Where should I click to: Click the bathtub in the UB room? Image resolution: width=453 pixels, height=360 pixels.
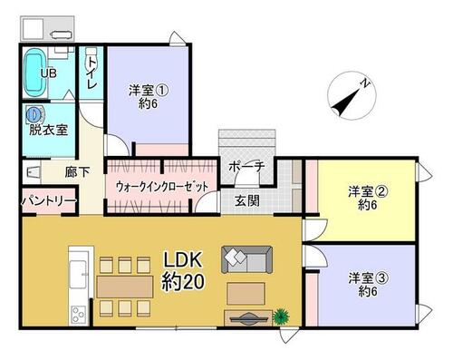pos(35,73)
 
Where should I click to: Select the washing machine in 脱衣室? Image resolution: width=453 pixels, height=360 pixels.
pos(34,114)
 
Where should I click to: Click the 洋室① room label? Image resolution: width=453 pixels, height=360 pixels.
pos(149,90)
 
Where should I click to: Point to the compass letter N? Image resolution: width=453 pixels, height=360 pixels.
pos(366,83)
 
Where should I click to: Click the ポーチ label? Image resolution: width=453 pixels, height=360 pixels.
pos(246,166)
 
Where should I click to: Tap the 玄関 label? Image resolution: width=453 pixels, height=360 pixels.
pos(247,200)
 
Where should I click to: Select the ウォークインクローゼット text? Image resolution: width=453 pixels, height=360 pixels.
pos(162,187)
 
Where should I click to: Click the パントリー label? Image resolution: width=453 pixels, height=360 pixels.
pos(48,200)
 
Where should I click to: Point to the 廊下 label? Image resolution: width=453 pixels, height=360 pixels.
pos(77,172)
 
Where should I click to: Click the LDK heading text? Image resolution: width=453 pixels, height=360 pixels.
pos(183,259)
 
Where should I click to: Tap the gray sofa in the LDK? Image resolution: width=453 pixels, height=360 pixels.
pos(247,260)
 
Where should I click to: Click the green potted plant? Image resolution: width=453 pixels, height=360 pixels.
pos(281,316)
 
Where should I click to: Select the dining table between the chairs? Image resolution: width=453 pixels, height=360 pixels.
pos(125,287)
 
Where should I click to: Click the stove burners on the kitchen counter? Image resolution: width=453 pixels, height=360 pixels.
pos(78,315)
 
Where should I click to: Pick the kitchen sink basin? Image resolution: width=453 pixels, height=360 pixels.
pos(78,275)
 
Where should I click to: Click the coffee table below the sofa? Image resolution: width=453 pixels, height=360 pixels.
pos(246,293)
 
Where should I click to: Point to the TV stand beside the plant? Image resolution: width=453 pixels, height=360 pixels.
pos(248,318)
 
